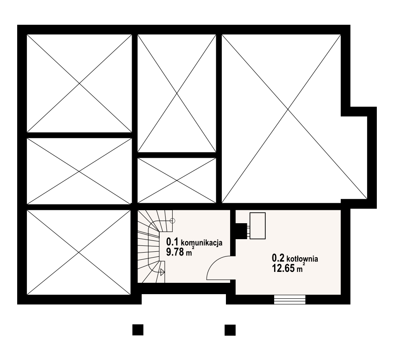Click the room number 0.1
(x=172, y=242)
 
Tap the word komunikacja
(x=202, y=243)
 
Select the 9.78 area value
(x=175, y=252)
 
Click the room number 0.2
(x=278, y=258)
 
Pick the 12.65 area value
(x=283, y=269)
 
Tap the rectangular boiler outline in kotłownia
(x=257, y=226)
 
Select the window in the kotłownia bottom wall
(x=290, y=300)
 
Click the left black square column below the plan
(x=138, y=330)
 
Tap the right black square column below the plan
(x=230, y=330)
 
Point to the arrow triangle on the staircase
(x=162, y=272)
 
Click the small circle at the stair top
(x=172, y=221)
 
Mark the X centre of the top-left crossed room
(x=79, y=83)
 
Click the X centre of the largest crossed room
(x=288, y=110)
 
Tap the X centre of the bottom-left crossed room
(x=79, y=252)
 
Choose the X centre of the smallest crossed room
(x=177, y=180)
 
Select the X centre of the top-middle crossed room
(x=177, y=93)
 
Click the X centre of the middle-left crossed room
(x=79, y=171)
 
